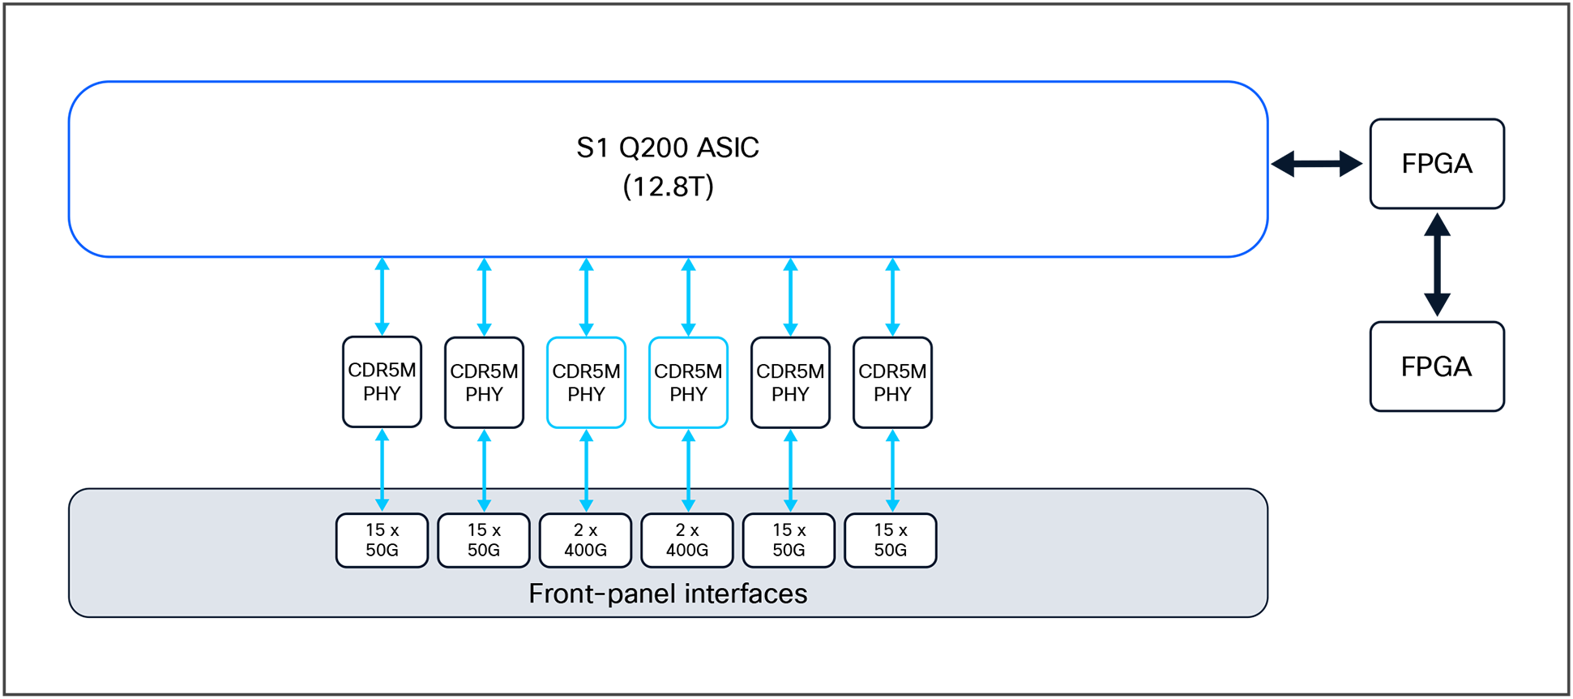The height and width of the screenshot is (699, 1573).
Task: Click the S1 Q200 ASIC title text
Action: [667, 148]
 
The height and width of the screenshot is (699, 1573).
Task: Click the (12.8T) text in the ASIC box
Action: [667, 187]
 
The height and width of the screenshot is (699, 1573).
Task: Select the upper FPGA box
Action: [1436, 164]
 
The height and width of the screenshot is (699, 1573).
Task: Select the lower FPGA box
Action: [1436, 367]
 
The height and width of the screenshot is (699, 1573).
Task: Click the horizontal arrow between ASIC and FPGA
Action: [1316, 164]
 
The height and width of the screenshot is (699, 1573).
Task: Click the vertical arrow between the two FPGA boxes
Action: [1436, 264]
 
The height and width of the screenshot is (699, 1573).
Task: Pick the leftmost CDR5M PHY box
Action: [382, 382]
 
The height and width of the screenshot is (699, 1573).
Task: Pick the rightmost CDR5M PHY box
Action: [892, 383]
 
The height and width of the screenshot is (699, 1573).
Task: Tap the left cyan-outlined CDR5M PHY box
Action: [586, 383]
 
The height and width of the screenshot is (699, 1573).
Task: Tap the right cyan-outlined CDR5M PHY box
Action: [688, 383]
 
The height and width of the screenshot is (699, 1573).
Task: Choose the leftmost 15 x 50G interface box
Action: [382, 540]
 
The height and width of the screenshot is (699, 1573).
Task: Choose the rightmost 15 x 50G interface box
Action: [890, 540]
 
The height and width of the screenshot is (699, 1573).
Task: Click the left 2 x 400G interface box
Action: [585, 540]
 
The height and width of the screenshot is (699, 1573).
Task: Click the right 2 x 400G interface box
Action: [686, 540]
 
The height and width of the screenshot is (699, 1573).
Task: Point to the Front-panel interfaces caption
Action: [667, 594]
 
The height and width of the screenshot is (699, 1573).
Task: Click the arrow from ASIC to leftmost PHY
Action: [382, 297]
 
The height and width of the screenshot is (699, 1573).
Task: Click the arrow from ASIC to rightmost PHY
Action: [892, 297]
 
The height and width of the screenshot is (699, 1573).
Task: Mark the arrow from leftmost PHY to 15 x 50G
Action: [382, 470]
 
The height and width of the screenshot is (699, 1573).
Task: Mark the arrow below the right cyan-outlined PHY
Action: [688, 470]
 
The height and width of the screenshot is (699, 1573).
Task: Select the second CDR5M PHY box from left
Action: [484, 383]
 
